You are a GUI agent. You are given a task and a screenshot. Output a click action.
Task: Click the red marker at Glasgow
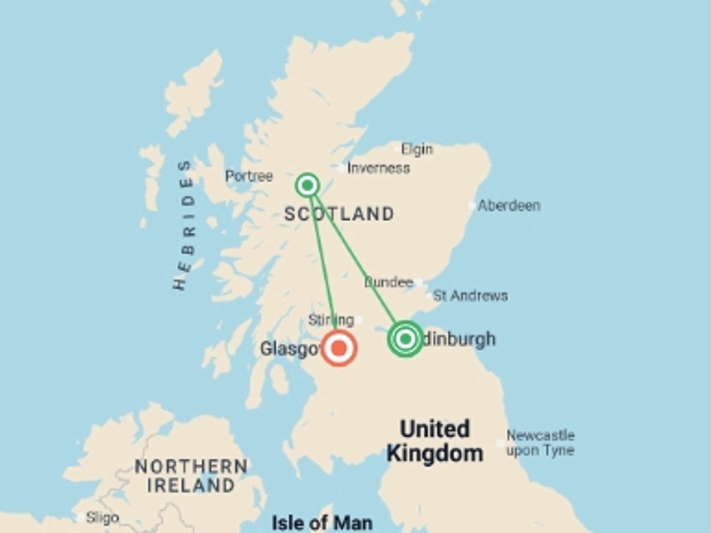pyautogui.click(x=339, y=348)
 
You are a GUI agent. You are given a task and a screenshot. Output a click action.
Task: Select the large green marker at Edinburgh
pyautogui.click(x=405, y=339)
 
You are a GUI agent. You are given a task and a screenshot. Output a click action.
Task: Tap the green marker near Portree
pyautogui.click(x=307, y=185)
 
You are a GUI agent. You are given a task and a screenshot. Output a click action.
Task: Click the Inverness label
pyautogui.click(x=378, y=168)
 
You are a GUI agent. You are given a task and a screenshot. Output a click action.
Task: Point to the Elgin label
pyautogui.click(x=417, y=150)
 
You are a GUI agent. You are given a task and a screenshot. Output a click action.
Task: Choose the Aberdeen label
pyautogui.click(x=509, y=205)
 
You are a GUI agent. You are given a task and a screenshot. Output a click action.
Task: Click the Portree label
pyautogui.click(x=249, y=176)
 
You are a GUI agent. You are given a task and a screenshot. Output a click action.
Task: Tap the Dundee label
pyautogui.click(x=388, y=282)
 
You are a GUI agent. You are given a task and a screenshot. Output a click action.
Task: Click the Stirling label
pyautogui.click(x=331, y=320)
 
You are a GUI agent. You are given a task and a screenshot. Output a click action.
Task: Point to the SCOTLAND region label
pyautogui.click(x=339, y=214)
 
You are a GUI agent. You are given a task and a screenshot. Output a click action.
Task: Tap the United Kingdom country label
pyautogui.click(x=435, y=441)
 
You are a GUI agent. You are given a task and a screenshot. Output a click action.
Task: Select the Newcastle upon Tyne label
pyautogui.click(x=540, y=443)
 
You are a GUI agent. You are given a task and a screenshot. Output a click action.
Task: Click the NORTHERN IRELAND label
pyautogui.click(x=191, y=476)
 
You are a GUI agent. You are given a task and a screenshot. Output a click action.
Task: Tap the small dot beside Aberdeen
pyautogui.click(x=472, y=205)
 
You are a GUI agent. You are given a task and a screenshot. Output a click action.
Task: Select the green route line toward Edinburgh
pyautogui.click(x=355, y=259)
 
